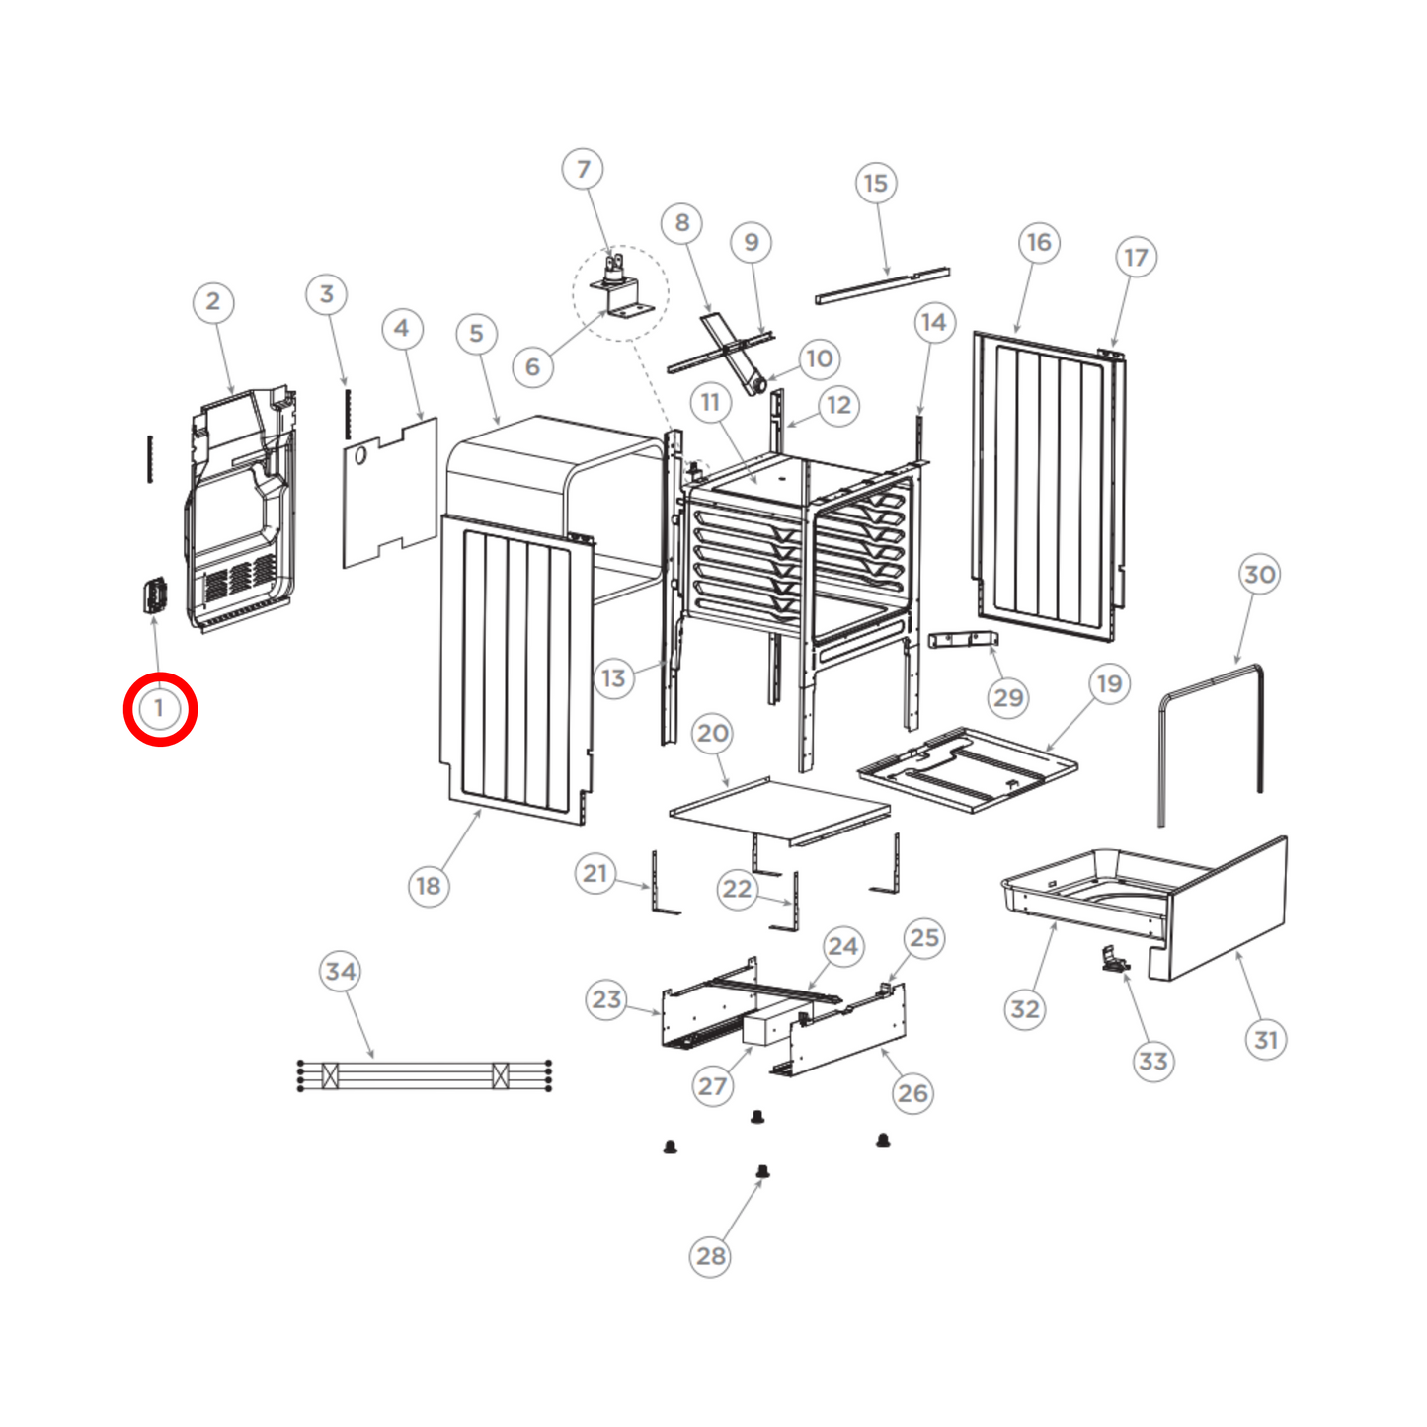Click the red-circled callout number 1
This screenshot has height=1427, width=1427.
click(x=159, y=709)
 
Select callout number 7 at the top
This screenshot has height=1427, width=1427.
click(x=583, y=170)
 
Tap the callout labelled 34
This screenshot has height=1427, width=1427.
click(x=340, y=971)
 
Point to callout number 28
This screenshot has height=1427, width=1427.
click(x=710, y=1256)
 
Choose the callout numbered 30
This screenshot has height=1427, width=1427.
click(x=1260, y=574)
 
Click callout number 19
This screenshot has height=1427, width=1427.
click(x=1109, y=683)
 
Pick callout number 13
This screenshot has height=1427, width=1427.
click(x=614, y=678)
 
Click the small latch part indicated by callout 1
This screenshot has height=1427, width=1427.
click(x=154, y=595)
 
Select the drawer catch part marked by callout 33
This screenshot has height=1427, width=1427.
click(x=1115, y=961)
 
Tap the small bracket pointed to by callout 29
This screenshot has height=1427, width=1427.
click(x=963, y=639)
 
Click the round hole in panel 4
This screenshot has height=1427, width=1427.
click(x=360, y=454)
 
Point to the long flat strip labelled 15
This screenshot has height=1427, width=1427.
click(x=882, y=285)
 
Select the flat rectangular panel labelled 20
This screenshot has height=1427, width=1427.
click(x=780, y=811)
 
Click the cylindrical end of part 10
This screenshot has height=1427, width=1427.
click(x=757, y=386)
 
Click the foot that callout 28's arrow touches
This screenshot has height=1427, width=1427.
click(x=762, y=1171)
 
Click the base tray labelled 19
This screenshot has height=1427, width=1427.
click(x=968, y=769)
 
